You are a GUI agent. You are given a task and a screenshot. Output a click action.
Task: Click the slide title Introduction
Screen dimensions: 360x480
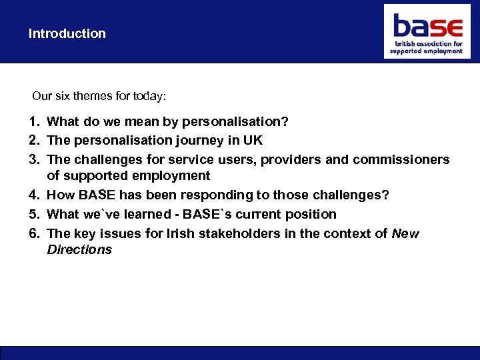click(67, 33)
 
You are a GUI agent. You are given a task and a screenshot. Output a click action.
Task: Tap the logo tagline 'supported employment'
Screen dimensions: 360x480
click(426, 51)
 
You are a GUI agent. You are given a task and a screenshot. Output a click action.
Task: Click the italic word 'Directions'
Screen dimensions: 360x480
click(79, 250)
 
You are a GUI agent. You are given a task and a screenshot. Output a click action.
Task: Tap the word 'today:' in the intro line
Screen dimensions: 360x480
click(151, 96)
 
